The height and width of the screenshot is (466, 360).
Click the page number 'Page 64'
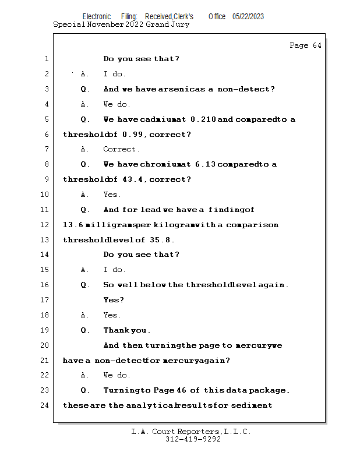pyautogui.click(x=305, y=45)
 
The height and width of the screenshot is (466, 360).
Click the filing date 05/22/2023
pyautogui.click(x=248, y=16)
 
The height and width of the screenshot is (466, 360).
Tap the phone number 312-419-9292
pyautogui.click(x=193, y=439)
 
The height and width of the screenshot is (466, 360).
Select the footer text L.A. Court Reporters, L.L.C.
pyautogui.click(x=190, y=432)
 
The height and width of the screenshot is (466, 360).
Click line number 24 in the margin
pyautogui.click(x=45, y=405)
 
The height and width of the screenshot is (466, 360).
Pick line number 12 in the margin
pyautogui.click(x=45, y=225)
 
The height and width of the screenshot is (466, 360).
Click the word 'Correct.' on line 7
pyautogui.click(x=122, y=149)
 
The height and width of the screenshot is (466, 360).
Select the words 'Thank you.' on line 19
pyautogui.click(x=126, y=330)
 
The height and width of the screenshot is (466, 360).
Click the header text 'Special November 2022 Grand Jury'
pyautogui.click(x=121, y=24)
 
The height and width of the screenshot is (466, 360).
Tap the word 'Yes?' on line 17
pyautogui.click(x=114, y=300)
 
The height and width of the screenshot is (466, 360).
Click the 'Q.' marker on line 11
pyautogui.click(x=85, y=210)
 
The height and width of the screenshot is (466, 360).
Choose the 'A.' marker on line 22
pyautogui.click(x=85, y=375)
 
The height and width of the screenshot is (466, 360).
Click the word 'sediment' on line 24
pyautogui.click(x=252, y=405)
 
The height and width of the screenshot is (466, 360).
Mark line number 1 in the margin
pyautogui.click(x=45, y=59)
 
